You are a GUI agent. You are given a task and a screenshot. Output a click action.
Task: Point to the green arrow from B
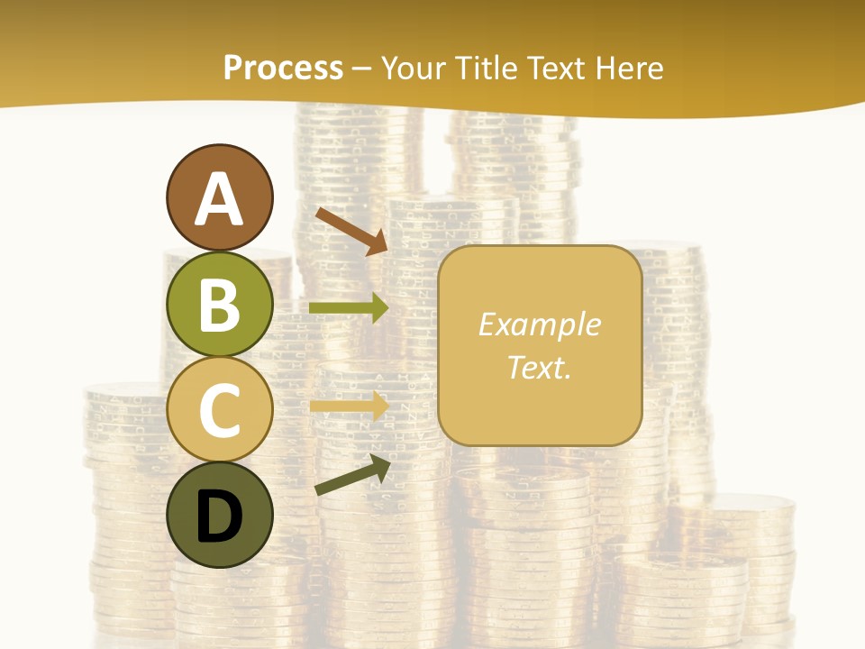click(x=349, y=308)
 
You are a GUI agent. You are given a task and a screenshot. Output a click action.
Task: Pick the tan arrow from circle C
click(x=349, y=406)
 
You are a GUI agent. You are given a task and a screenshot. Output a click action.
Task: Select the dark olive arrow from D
click(x=352, y=475)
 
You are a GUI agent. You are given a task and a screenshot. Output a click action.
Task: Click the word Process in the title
click(x=283, y=69)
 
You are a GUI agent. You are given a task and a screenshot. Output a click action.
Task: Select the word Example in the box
click(x=540, y=324)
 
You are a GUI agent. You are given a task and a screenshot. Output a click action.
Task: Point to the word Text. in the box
click(x=540, y=367)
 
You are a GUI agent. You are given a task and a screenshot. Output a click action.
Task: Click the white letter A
click(x=220, y=198)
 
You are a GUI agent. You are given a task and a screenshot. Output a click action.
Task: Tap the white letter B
click(x=220, y=304)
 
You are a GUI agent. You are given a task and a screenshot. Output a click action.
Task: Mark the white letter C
click(x=220, y=410)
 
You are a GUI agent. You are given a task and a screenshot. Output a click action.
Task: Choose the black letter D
click(x=220, y=516)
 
